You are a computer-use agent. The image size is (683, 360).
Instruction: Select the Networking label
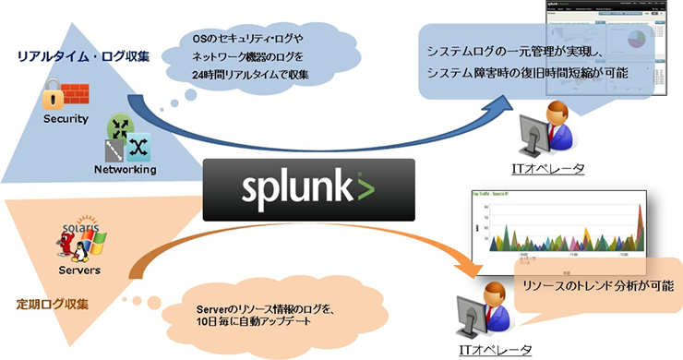click(125, 169)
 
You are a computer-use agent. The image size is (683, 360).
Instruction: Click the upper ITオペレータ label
click(545, 167)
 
